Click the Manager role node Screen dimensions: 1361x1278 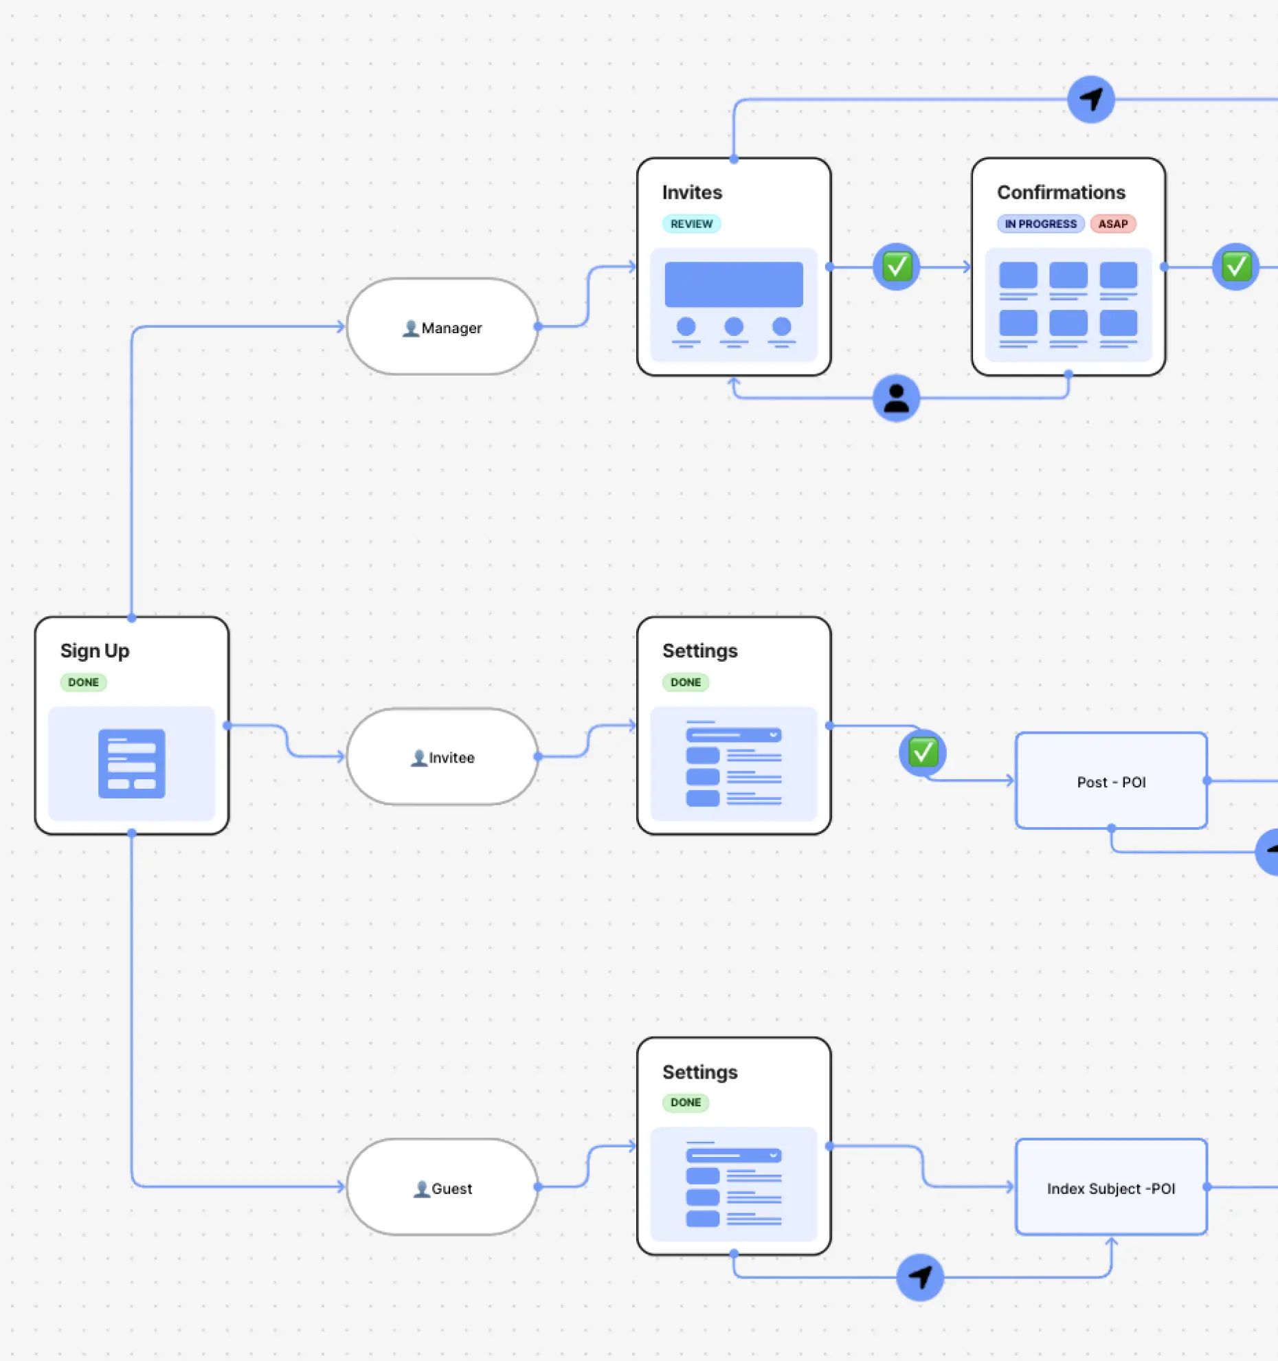tap(442, 327)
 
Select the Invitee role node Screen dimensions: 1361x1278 tap(442, 757)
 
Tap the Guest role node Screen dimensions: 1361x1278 tap(442, 1188)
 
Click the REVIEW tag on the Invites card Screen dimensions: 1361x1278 tap(691, 224)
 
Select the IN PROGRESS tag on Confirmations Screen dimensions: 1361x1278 tap(1040, 224)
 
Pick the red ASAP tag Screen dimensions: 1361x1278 tap(1112, 224)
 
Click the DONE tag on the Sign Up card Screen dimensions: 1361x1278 tap(83, 682)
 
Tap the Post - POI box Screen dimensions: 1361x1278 tap(1111, 782)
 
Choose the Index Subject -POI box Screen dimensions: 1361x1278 tap(1111, 1188)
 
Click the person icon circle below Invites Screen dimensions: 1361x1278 tap(896, 398)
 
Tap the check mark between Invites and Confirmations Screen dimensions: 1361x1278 tap(896, 267)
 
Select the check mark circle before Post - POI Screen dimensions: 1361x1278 tap(923, 752)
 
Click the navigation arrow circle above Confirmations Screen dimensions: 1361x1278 tap(1091, 100)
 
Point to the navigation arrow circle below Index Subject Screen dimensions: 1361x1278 tap(920, 1277)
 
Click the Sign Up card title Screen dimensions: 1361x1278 tap(95, 651)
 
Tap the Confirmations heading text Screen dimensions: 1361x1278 tap(1061, 192)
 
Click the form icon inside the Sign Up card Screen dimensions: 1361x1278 tap(131, 763)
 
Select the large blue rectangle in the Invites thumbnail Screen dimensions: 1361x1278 tap(733, 284)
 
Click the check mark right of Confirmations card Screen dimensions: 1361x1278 tap(1235, 267)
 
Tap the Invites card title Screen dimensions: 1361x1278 tap(692, 192)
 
